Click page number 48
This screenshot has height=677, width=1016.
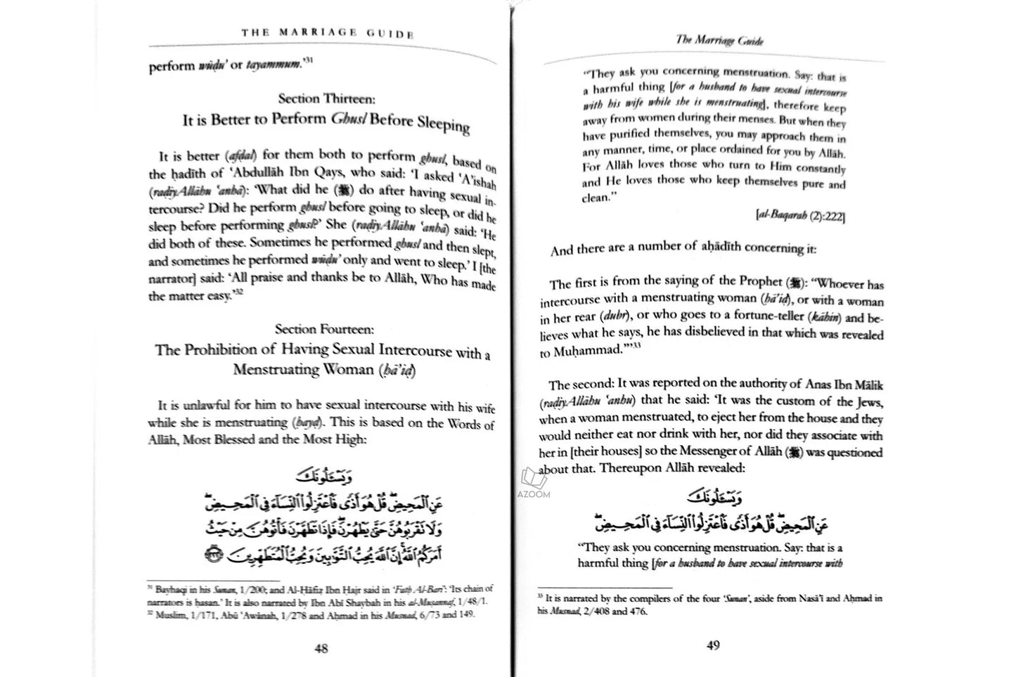click(321, 649)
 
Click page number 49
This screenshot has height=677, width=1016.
click(712, 646)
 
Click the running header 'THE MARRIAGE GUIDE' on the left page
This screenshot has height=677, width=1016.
click(327, 32)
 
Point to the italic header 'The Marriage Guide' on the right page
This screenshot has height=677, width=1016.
click(719, 40)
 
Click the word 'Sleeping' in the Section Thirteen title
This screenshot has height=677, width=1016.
click(442, 125)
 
